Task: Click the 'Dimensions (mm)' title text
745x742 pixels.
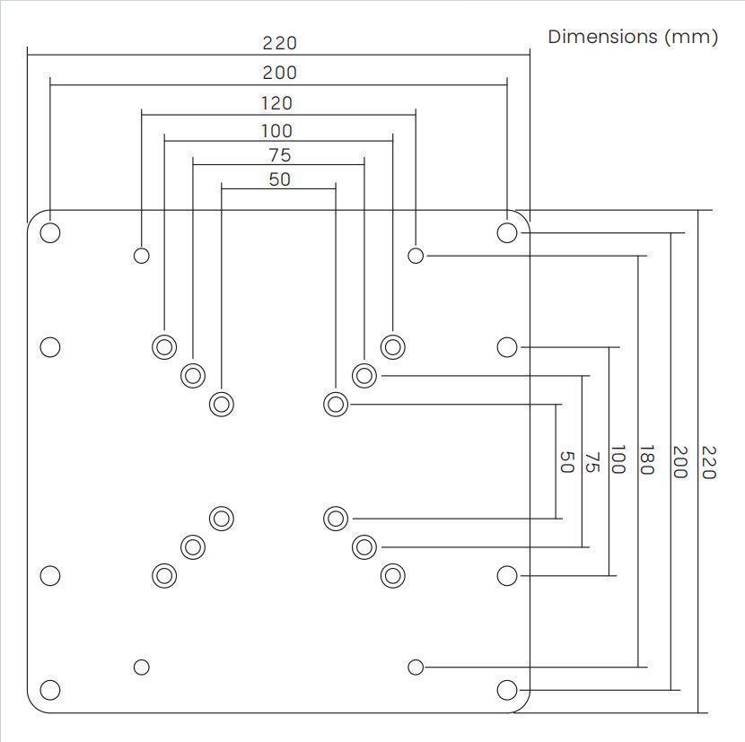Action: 633,37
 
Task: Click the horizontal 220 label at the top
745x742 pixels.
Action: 279,43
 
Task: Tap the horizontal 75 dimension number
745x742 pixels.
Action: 279,155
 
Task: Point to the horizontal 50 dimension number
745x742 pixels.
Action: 279,179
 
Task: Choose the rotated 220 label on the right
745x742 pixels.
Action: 708,462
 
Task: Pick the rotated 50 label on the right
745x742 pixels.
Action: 566,462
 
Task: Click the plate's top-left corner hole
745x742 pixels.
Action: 50,232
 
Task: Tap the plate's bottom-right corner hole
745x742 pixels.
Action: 507,690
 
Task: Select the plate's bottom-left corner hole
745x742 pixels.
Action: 50,690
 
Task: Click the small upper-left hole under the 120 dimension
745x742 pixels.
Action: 141,256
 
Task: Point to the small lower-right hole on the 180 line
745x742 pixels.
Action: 416,667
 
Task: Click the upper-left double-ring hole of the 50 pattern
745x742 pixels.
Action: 222,404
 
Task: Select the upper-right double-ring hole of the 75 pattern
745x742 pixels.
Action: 364,375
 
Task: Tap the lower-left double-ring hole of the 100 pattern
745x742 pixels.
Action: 164,575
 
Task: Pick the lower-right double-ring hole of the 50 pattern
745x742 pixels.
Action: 336,518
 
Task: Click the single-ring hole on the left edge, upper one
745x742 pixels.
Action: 50,346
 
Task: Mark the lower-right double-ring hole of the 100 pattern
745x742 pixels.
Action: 392,575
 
